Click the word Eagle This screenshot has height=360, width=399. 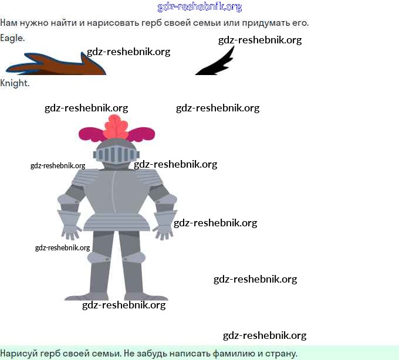click(x=12, y=38)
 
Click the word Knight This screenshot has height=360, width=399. click(x=15, y=83)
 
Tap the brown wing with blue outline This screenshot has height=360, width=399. click(x=56, y=64)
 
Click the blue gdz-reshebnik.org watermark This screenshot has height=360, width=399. click(x=199, y=7)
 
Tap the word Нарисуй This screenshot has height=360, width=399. click(x=19, y=354)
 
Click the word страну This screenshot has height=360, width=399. click(x=278, y=354)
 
